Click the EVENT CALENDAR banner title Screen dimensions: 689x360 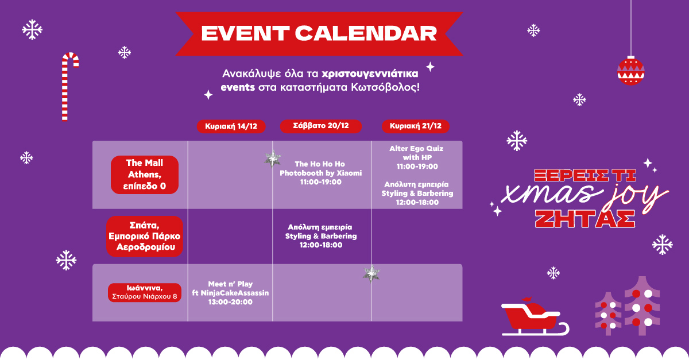pyautogui.click(x=319, y=33)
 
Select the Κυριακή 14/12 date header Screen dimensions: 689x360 pyautogui.click(x=231, y=126)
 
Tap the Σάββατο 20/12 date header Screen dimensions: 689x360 pyautogui.click(x=321, y=126)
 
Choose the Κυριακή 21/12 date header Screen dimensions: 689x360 pyautogui.click(x=416, y=126)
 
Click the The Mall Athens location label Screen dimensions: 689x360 pyautogui.click(x=145, y=175)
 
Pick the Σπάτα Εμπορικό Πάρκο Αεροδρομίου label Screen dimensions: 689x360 pyautogui.click(x=145, y=237)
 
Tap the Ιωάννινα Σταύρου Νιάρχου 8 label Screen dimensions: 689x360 pyautogui.click(x=145, y=292)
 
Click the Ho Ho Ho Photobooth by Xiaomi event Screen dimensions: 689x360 pyautogui.click(x=320, y=173)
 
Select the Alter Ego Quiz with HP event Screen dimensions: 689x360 pyautogui.click(x=417, y=157)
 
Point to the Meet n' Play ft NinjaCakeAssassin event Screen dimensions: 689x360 pyautogui.click(x=230, y=293)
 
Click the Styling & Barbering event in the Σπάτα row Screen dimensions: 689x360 pyautogui.click(x=321, y=236)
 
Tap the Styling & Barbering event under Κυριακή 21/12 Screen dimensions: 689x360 pyautogui.click(x=417, y=193)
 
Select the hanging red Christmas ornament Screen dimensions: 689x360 pyautogui.click(x=631, y=71)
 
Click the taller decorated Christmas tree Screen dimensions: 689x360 pyautogui.click(x=642, y=305)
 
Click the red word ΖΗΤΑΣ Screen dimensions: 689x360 pyautogui.click(x=585, y=219)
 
